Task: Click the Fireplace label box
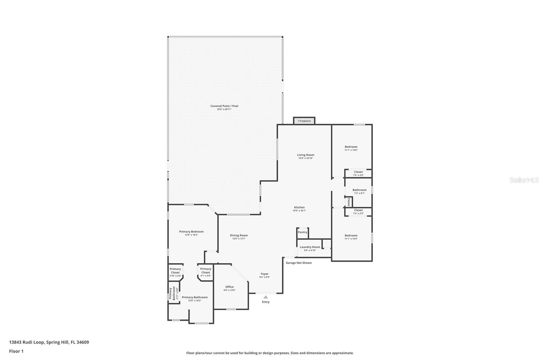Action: point(304,121)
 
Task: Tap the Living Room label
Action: point(305,155)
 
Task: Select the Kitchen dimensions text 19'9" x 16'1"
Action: point(299,211)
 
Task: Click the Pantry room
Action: point(302,232)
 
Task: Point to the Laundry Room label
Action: point(310,247)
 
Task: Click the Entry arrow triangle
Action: point(266,297)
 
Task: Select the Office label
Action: point(230,287)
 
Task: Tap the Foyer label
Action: point(265,274)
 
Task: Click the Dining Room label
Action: point(239,235)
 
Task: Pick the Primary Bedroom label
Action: point(191,232)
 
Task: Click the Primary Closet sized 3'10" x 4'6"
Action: point(175,271)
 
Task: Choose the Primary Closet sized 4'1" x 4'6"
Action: point(206,271)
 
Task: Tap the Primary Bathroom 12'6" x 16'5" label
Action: point(195,298)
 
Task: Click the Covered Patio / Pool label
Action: point(224,106)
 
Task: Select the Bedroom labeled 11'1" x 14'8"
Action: point(351,147)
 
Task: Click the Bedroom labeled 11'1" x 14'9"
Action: point(351,236)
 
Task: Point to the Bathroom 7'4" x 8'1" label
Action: point(359,190)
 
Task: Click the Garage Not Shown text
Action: point(299,263)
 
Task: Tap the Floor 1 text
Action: point(16,351)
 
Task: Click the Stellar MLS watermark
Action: point(524,180)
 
